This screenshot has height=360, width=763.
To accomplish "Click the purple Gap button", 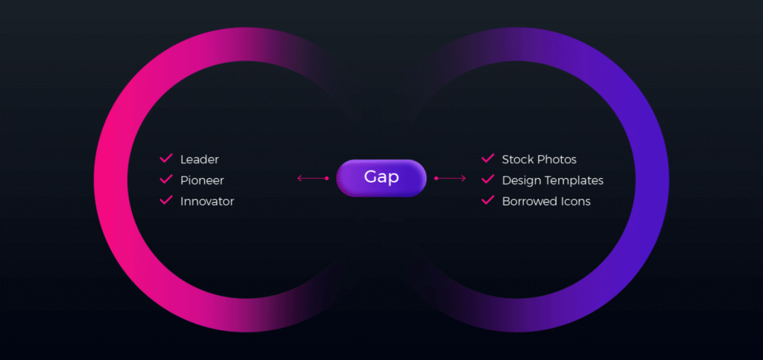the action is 381,178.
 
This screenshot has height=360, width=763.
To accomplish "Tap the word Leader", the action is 200,160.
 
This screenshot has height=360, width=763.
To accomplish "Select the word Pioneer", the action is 202,180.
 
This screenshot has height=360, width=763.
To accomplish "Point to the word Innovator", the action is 207,201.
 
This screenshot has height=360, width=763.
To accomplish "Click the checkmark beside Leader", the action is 166,158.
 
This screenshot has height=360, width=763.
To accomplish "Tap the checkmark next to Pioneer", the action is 166,179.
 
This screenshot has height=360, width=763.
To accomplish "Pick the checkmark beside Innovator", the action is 166,200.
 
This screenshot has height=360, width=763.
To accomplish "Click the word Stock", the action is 518,160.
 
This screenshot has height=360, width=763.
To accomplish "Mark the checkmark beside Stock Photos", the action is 488,158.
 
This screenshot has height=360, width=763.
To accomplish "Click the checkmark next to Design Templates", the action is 488,179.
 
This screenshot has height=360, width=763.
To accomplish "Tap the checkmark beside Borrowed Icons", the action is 488,200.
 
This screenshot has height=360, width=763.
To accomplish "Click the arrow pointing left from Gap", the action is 313,179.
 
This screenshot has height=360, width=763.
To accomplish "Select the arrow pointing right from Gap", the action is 450,179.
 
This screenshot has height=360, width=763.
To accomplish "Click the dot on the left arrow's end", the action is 327,179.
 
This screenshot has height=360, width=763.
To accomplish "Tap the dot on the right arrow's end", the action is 436,179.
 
